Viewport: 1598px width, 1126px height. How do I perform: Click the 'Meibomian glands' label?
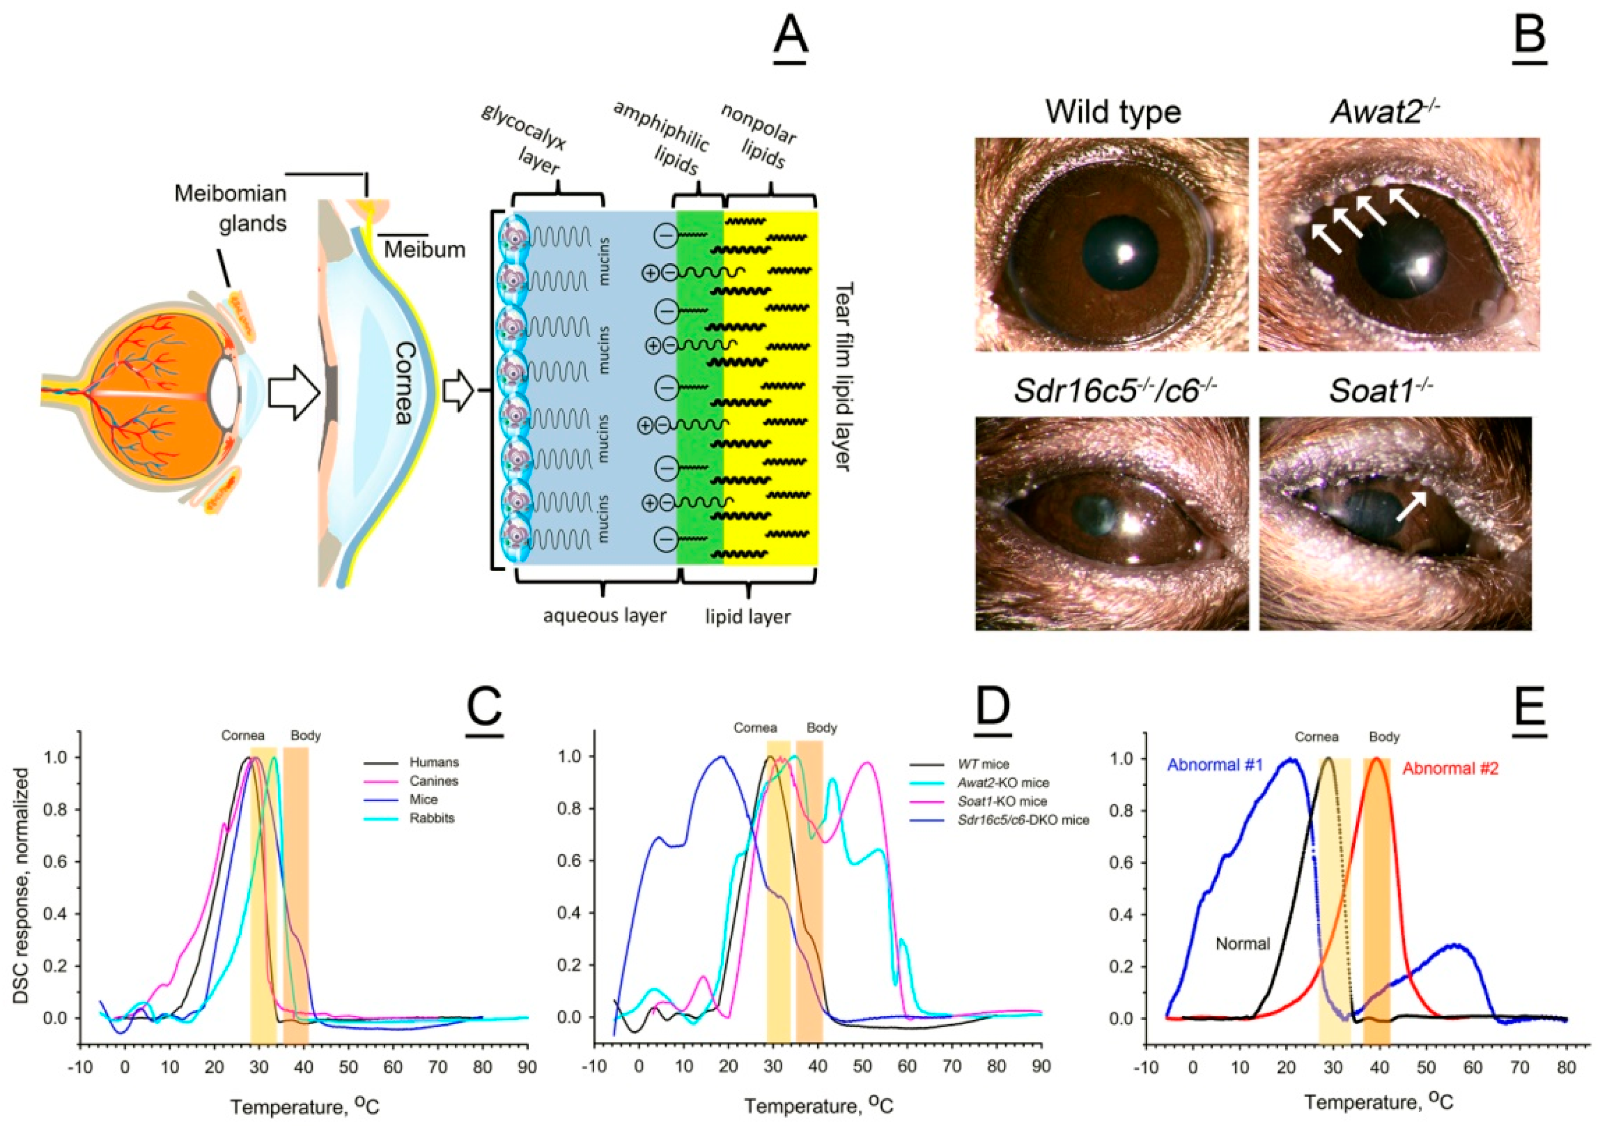pos(230,208)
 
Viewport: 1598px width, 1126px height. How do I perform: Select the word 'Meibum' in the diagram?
pos(424,249)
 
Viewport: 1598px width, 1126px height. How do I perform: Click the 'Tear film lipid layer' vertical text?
pos(843,376)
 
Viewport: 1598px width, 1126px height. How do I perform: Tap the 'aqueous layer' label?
pos(604,615)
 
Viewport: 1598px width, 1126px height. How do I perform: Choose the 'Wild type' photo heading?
pos(1113,111)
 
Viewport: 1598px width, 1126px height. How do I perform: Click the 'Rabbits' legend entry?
pos(431,818)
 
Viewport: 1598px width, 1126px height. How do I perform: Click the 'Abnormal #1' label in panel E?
pos(1214,764)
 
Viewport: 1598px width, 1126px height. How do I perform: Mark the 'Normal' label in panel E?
pos(1243,944)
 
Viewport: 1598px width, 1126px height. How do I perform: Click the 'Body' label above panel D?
pos(821,728)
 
